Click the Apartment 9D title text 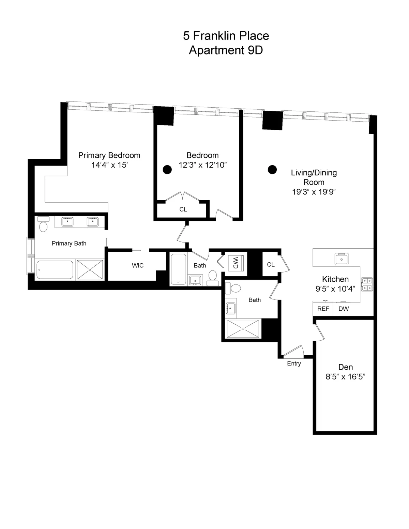(x=226, y=50)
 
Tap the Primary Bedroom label (x=109, y=155)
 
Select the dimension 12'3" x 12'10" (x=203, y=165)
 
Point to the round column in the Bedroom (x=167, y=169)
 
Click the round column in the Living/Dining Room (x=272, y=169)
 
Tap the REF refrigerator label (x=323, y=309)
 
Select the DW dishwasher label (x=344, y=309)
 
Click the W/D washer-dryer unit (x=235, y=263)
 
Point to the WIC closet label (x=138, y=265)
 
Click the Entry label (x=294, y=363)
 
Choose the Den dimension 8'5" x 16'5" (x=345, y=377)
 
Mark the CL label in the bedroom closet (x=183, y=209)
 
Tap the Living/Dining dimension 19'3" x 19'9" (x=314, y=192)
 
